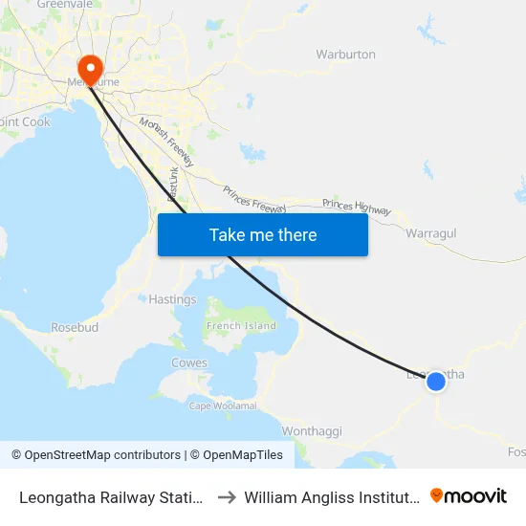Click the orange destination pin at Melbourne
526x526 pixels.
coord(90,67)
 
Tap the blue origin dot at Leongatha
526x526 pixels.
coord(435,381)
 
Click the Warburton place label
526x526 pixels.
coord(345,55)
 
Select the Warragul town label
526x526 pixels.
coord(430,233)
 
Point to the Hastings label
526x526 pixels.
coord(172,299)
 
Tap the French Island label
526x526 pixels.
coord(241,326)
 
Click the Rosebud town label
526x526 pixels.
coord(75,327)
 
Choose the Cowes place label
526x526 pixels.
coord(188,363)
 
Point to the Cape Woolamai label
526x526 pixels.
coord(223,405)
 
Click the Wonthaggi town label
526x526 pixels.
coord(312,431)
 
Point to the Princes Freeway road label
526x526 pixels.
coord(255,196)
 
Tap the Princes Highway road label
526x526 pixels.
coord(357,206)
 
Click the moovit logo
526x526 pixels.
coord(469,496)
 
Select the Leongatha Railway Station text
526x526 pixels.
coord(111,497)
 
